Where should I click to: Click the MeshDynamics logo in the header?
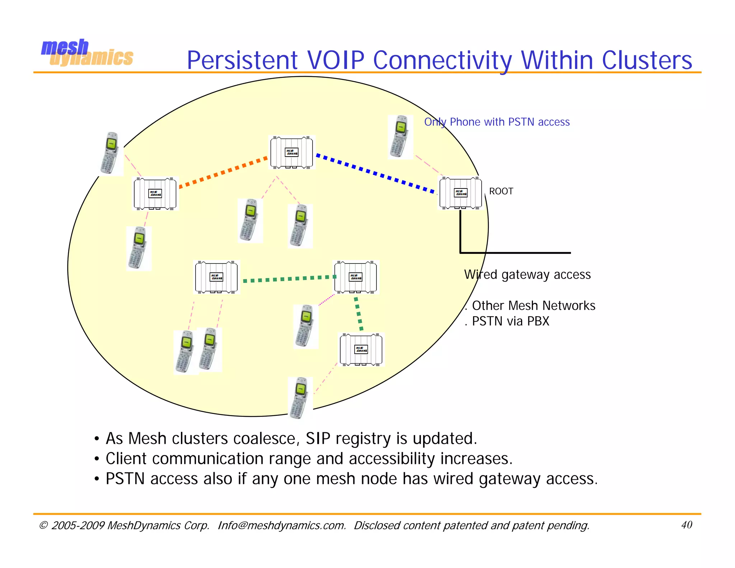87,53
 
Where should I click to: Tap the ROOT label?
501,191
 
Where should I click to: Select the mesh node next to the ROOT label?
460,193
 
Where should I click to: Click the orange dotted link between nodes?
223,172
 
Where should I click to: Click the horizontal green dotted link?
289,279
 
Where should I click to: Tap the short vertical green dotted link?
359,313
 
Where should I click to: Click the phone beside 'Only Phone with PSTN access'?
400,136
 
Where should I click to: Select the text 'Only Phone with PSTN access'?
497,122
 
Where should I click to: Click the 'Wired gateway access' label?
527,275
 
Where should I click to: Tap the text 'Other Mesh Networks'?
533,306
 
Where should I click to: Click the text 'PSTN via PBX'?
510,321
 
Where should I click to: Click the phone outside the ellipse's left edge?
111,153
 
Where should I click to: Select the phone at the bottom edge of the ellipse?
300,398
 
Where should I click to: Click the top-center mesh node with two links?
291,152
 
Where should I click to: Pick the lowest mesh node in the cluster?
361,349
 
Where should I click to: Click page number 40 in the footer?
686,525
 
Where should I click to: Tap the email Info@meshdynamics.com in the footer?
281,526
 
